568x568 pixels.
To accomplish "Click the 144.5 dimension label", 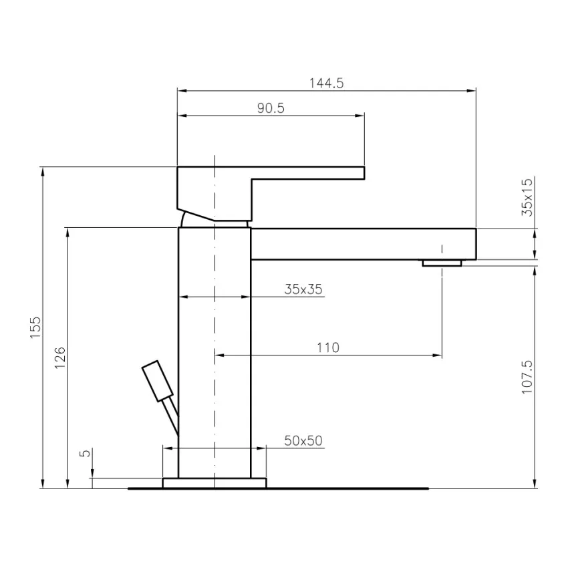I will tap(325, 84).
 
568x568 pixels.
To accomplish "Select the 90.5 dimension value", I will tap(271, 108).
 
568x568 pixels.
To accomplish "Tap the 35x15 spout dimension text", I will tap(527, 197).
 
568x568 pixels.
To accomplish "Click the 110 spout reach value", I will tap(327, 347).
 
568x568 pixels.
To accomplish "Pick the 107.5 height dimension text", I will tap(527, 378).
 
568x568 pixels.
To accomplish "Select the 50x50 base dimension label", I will tap(303, 440).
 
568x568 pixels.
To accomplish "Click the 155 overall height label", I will tap(36, 327).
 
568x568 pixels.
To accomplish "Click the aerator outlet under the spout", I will tap(441, 263).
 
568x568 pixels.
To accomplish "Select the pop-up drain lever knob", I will tap(158, 381).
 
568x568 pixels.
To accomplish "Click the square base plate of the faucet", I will tap(214, 482).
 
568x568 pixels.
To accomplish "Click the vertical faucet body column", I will tap(214, 347).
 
